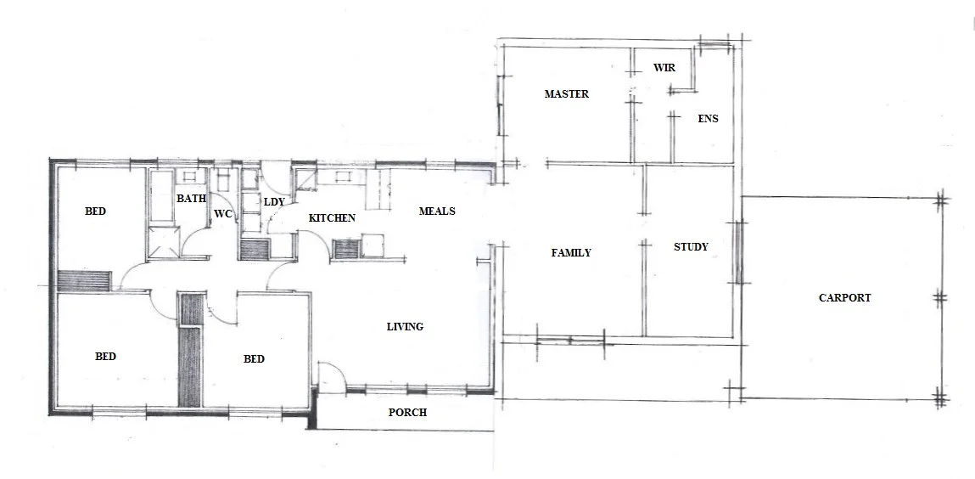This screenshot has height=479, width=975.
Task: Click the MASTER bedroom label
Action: tap(566, 94)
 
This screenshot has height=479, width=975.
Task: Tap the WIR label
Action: tap(664, 67)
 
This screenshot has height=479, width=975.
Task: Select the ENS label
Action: tap(708, 119)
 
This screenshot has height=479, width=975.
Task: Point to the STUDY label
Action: tap(690, 247)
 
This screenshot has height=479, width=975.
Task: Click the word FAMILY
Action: tap(571, 253)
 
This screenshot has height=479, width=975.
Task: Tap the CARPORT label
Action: tap(844, 298)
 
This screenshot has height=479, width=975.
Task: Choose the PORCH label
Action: tap(407, 414)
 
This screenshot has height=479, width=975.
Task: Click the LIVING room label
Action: tap(405, 327)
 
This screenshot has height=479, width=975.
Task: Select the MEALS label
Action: tap(437, 211)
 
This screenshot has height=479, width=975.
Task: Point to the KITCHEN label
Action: tap(332, 218)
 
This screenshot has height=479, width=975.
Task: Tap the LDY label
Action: tap(273, 202)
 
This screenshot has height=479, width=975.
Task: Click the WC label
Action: tap(223, 214)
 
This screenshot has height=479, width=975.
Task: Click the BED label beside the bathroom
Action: tap(96, 211)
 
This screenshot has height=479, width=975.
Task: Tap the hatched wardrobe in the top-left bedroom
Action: tap(85, 280)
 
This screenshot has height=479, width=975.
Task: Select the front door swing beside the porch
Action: tap(331, 376)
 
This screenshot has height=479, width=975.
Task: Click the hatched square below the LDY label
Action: tap(255, 250)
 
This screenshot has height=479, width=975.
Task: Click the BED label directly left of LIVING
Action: tap(254, 359)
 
